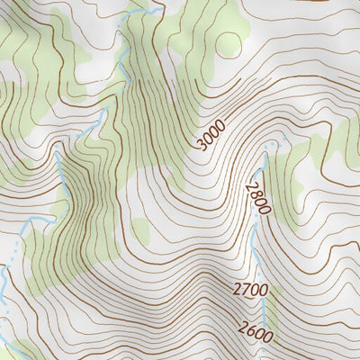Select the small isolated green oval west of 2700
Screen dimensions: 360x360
pyautogui.click(x=142, y=229)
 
